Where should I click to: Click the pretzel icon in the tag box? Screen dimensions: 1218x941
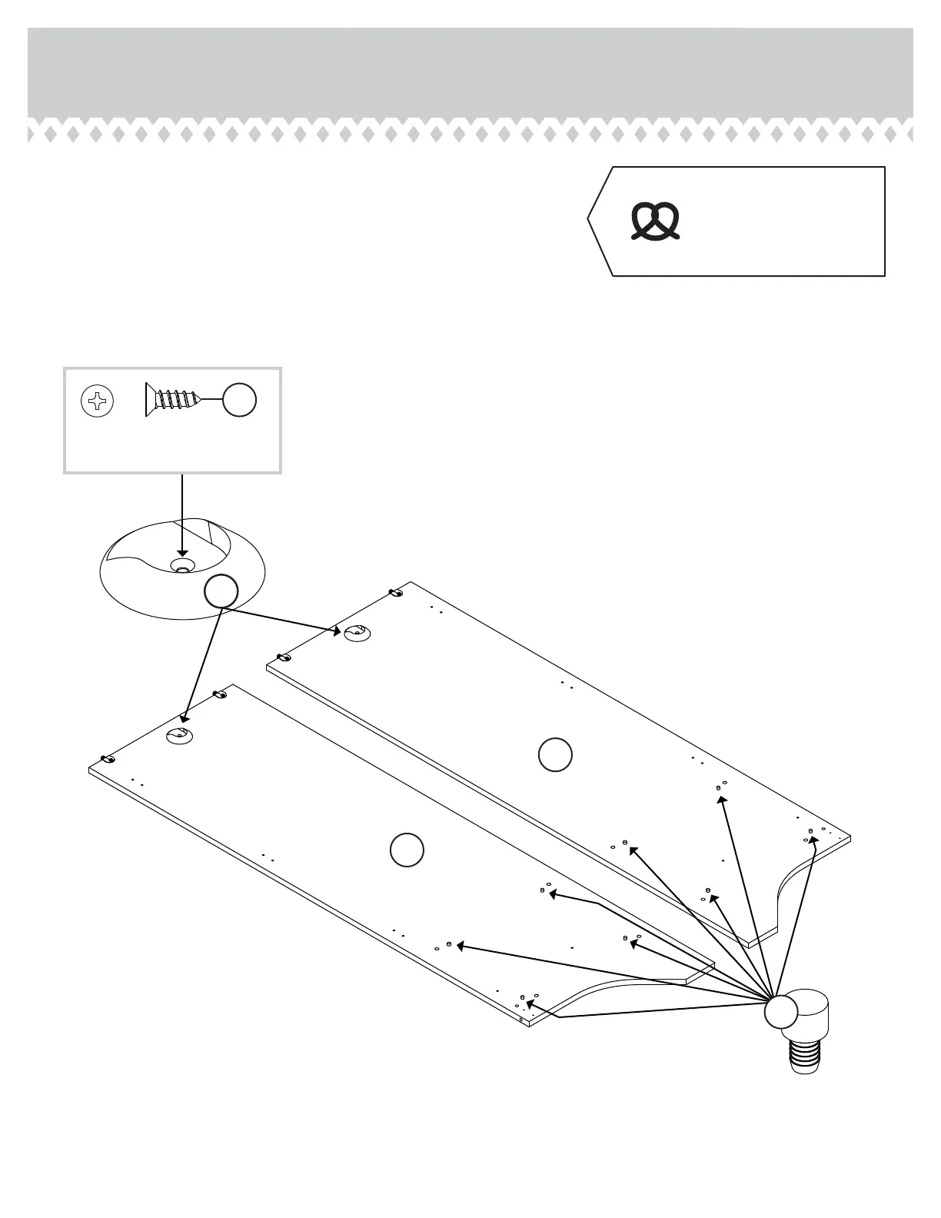coord(656,221)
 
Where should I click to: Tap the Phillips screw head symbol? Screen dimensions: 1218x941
coord(98,401)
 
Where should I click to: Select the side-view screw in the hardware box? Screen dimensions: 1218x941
coord(173,401)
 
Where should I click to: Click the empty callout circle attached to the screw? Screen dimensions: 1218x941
coord(239,401)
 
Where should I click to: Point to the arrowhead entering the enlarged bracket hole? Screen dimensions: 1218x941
coord(181,551)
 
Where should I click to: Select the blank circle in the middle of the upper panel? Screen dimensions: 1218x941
coord(554,754)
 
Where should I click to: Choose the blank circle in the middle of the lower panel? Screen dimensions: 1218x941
coord(407,850)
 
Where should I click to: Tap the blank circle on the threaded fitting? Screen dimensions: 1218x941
coord(782,1011)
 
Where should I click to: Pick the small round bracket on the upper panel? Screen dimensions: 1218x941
coord(357,634)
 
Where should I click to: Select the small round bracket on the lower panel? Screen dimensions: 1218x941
coord(179,735)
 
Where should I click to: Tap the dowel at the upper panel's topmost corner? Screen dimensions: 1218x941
coord(395,593)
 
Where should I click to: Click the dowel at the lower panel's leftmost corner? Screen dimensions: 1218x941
coord(108,759)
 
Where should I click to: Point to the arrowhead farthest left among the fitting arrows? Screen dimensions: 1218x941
coord(461,945)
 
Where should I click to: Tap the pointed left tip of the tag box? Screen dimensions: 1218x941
coord(589,220)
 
